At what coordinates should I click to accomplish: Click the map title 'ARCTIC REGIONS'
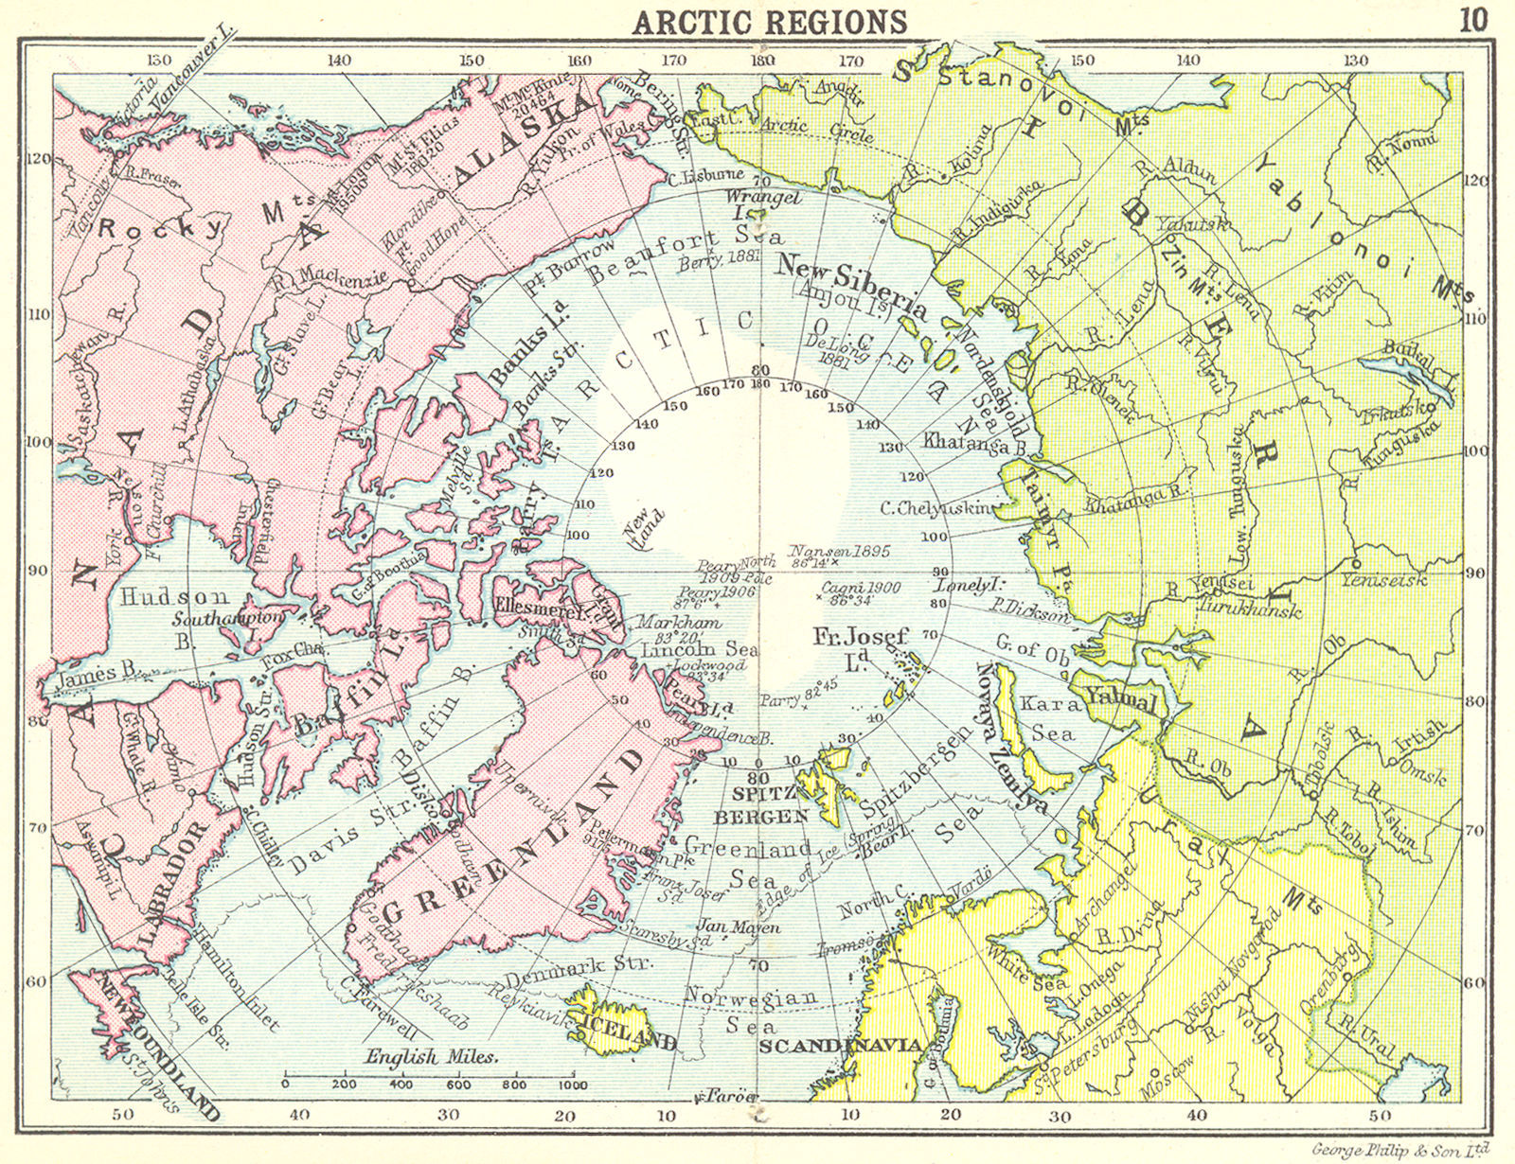point(770,20)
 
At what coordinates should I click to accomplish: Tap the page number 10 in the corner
point(1473,19)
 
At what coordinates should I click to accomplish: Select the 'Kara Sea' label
point(1049,718)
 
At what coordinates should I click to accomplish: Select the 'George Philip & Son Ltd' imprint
point(1401,1150)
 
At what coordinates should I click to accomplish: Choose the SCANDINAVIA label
point(840,1045)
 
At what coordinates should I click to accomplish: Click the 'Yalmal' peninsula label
point(1121,701)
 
